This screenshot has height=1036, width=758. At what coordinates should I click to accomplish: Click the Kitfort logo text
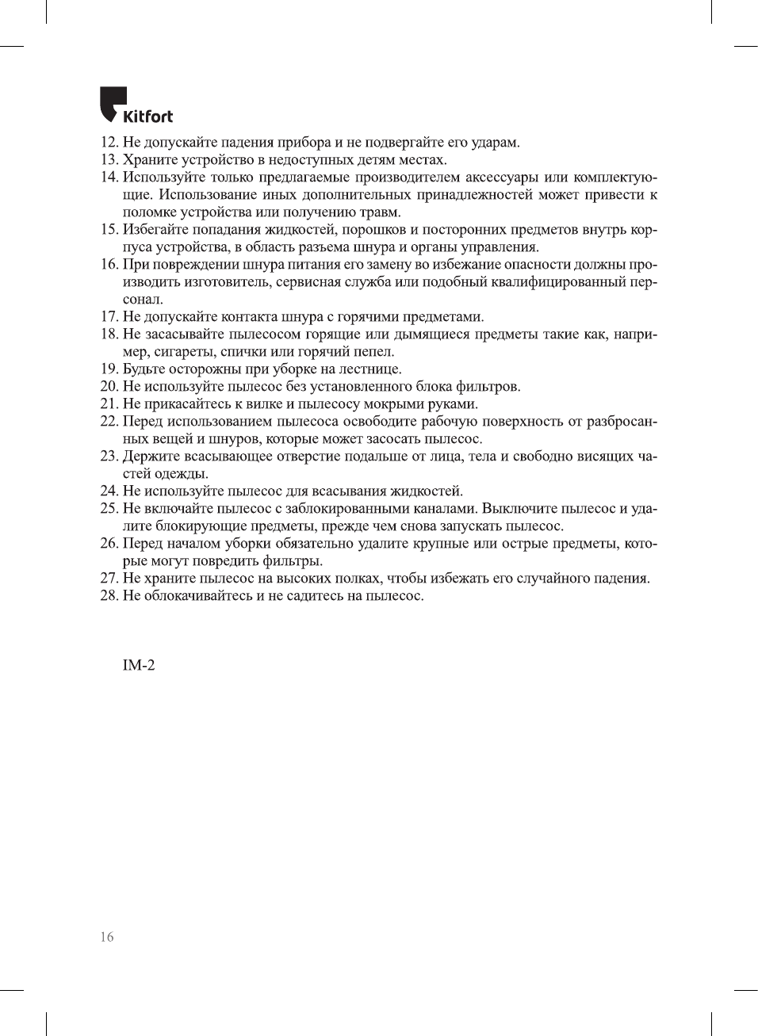click(x=147, y=117)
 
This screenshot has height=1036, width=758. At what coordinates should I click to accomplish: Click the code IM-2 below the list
click(x=139, y=666)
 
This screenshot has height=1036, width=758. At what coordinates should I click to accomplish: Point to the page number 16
click(x=107, y=937)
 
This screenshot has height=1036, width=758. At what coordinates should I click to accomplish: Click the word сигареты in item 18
click(x=183, y=352)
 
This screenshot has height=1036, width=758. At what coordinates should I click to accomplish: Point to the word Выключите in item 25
click(x=515, y=509)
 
